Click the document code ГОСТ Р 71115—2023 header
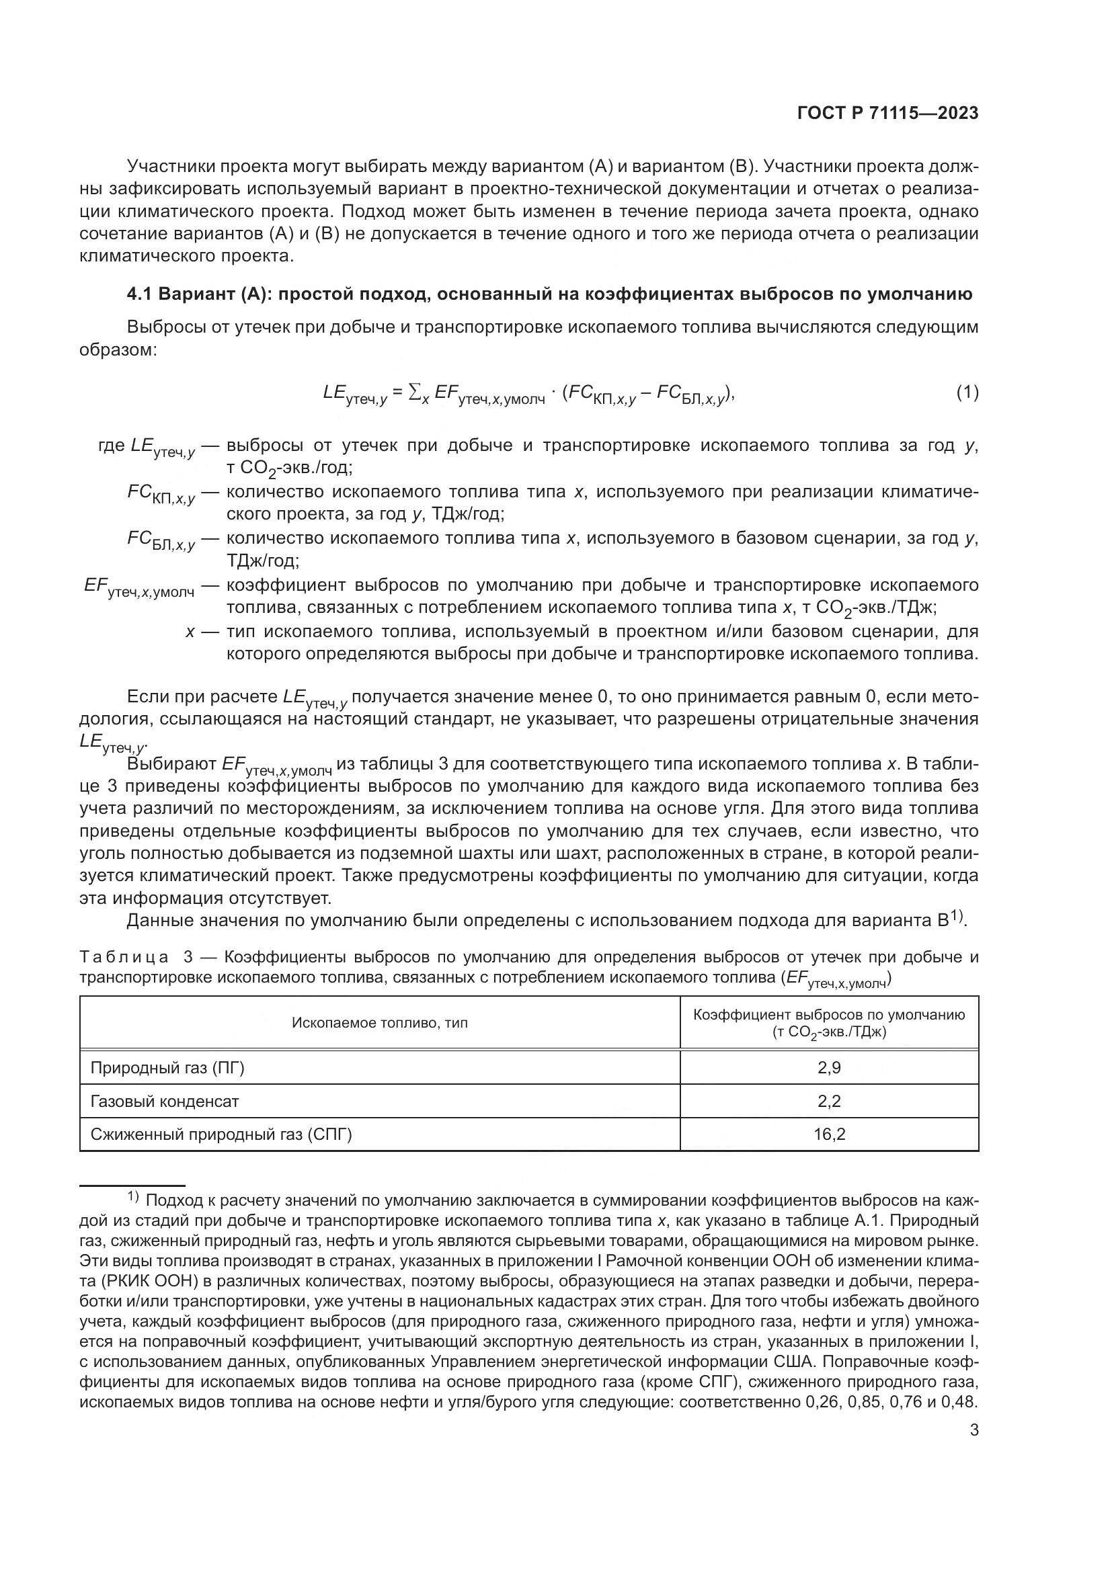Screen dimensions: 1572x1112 (887, 114)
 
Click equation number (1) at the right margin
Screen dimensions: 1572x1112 (967, 393)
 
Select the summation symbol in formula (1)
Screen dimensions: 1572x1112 (413, 392)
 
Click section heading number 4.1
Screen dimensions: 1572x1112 (140, 294)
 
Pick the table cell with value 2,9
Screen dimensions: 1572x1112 (828, 1068)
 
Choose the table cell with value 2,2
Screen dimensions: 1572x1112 (828, 1102)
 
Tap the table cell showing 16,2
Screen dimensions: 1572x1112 (828, 1134)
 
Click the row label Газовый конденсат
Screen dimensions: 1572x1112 (164, 1102)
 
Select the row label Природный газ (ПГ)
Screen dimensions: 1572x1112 (167, 1068)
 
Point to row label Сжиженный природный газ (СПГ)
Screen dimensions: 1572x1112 (221, 1134)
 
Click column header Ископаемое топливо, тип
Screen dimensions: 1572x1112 (379, 1023)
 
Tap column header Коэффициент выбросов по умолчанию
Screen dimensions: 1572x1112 (828, 1016)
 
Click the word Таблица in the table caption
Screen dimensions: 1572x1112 (124, 957)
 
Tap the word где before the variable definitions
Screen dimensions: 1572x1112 (112, 446)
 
